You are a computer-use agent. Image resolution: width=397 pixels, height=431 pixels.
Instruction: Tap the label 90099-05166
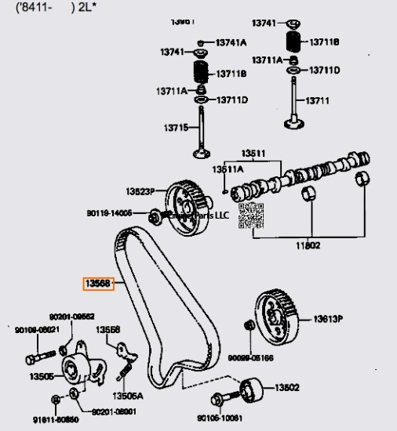(x=250, y=357)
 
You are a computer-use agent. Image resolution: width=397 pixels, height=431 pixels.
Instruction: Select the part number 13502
(x=287, y=388)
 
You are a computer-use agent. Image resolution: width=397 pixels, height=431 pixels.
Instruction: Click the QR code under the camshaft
(x=249, y=215)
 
